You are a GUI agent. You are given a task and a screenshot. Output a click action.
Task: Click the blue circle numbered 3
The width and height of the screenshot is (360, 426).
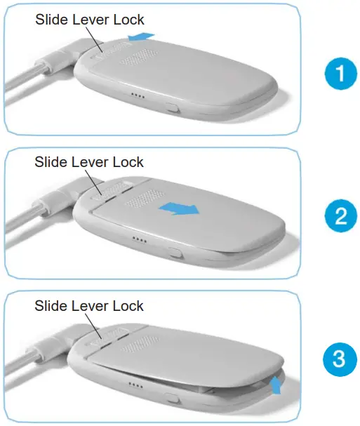(340, 360)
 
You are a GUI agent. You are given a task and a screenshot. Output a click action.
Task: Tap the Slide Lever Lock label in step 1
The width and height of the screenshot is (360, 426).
(89, 20)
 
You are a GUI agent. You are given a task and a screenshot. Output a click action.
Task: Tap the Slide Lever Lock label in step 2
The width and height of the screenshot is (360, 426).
(89, 162)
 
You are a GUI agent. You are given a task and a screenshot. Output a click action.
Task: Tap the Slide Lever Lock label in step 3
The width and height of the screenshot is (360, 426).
(89, 306)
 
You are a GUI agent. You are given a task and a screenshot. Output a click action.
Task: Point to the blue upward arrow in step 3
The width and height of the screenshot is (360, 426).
(276, 383)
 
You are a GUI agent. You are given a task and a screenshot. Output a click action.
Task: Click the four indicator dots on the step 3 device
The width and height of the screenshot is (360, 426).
(137, 385)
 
